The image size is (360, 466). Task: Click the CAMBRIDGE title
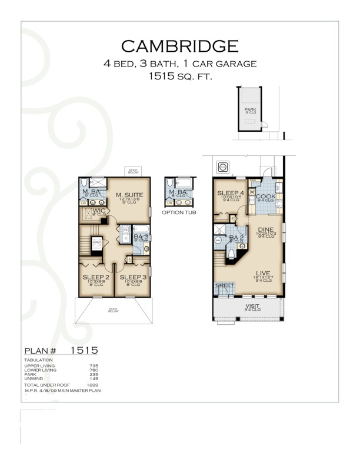pos(179,46)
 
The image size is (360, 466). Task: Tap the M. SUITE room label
pos(131,195)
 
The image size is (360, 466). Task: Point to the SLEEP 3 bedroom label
pos(133,277)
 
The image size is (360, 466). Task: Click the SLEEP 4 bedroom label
pos(230,193)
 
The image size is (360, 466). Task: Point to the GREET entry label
pos(225,286)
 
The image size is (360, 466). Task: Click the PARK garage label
pos(250,109)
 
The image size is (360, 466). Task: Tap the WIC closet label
pos(97,210)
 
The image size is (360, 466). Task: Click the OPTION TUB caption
pos(179,212)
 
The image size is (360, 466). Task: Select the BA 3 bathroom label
pos(140,237)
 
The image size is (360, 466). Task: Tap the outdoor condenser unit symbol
pos(223,168)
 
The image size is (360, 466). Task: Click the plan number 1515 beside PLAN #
pos(84,351)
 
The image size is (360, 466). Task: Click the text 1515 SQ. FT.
pos(179,76)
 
